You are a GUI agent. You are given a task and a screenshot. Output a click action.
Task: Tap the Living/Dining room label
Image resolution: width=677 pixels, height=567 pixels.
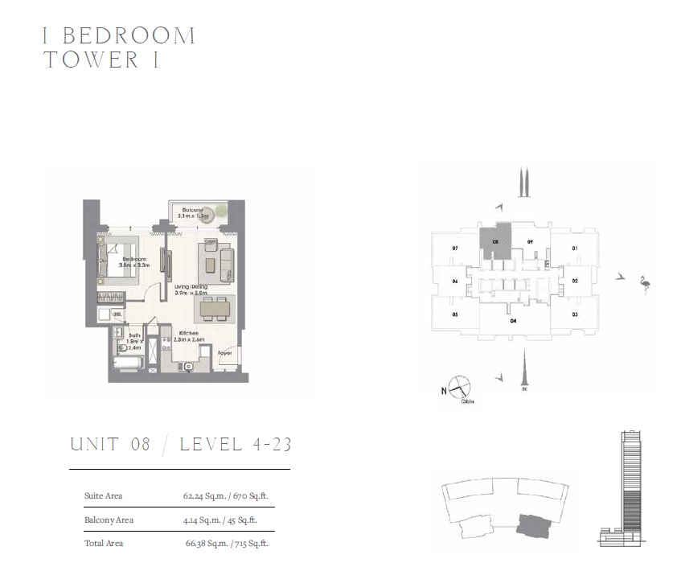(191, 286)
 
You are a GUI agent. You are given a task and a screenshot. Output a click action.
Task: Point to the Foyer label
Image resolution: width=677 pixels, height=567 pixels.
(225, 352)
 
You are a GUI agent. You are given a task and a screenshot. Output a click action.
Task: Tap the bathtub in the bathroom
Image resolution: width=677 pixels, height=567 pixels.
(126, 364)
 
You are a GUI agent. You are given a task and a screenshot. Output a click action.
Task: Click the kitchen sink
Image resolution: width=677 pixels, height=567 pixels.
(188, 367)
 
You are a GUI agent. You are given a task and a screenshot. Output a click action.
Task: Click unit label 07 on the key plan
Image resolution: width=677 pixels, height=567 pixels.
(455, 249)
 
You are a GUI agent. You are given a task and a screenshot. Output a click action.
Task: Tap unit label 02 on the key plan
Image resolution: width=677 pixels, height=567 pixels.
(575, 281)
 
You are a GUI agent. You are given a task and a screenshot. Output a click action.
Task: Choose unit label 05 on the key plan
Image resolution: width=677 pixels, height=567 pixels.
(455, 314)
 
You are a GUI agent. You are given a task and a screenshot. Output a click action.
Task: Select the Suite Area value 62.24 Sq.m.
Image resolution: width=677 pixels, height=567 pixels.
(201, 496)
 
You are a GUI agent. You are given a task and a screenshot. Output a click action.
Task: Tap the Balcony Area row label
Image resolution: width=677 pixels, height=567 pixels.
(109, 520)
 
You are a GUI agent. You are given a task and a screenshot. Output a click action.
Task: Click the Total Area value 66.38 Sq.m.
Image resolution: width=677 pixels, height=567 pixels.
(203, 544)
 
